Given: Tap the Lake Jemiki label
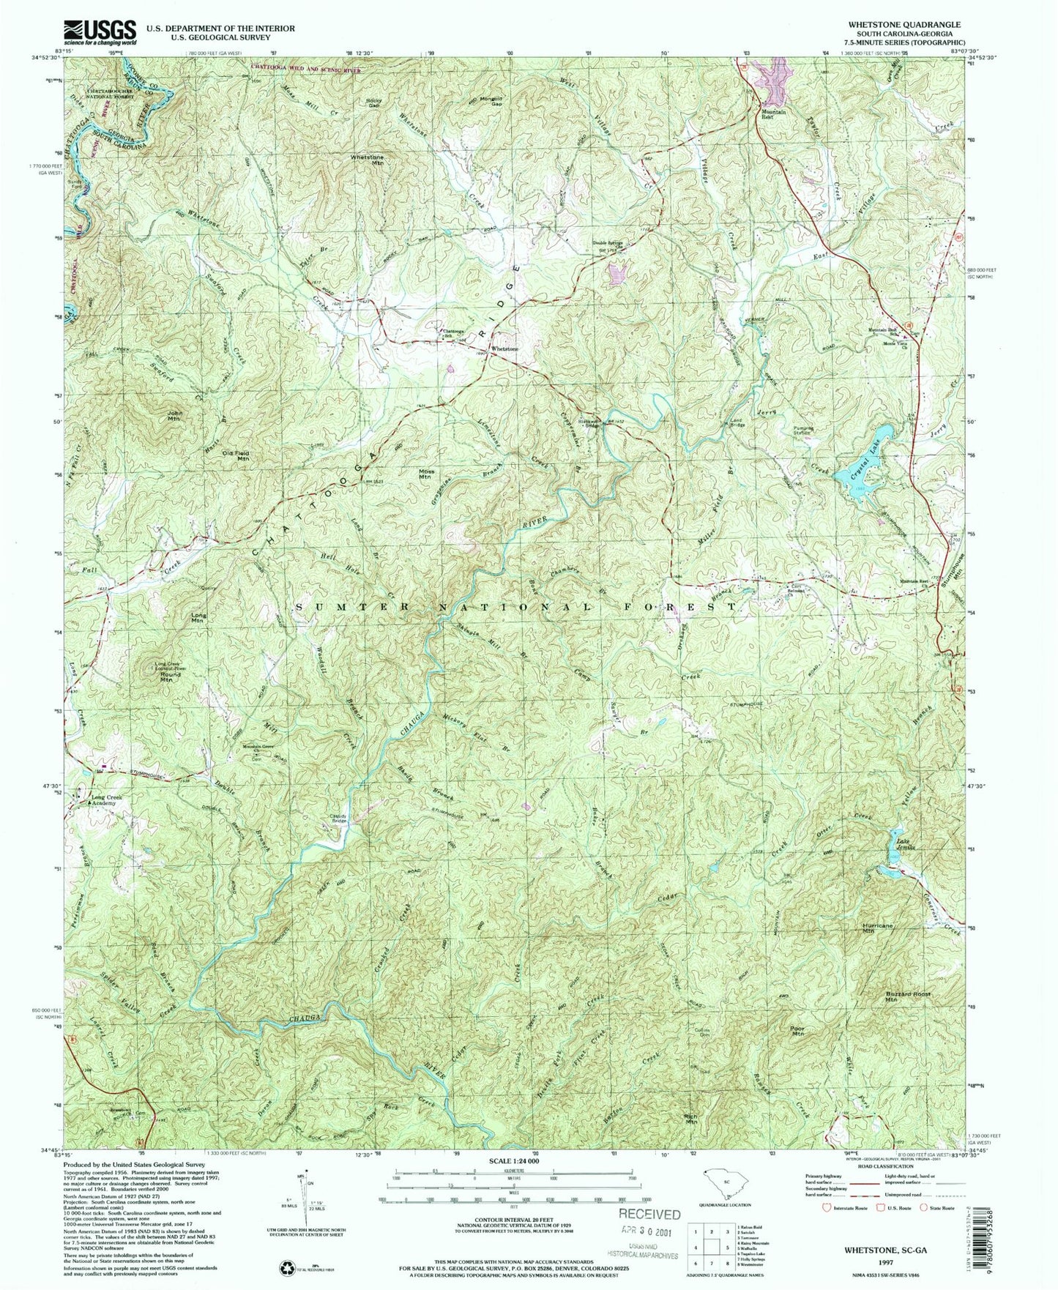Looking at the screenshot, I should coord(903,837).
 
